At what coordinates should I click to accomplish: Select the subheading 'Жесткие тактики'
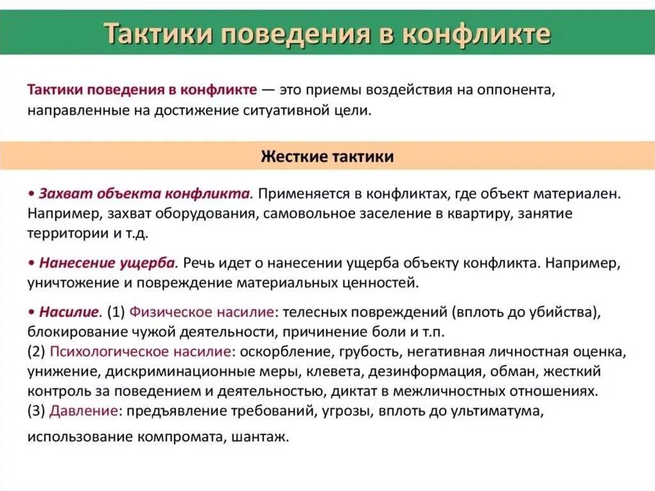coord(327,156)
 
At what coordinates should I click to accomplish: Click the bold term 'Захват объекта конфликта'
coord(144,193)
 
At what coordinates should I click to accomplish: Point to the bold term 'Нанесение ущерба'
coord(107,263)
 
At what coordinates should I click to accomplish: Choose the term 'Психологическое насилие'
coord(140,351)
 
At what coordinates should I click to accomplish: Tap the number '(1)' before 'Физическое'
coord(116,312)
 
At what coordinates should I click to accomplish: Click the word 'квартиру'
coord(477,213)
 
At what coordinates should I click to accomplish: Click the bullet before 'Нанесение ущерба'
coord(31,263)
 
